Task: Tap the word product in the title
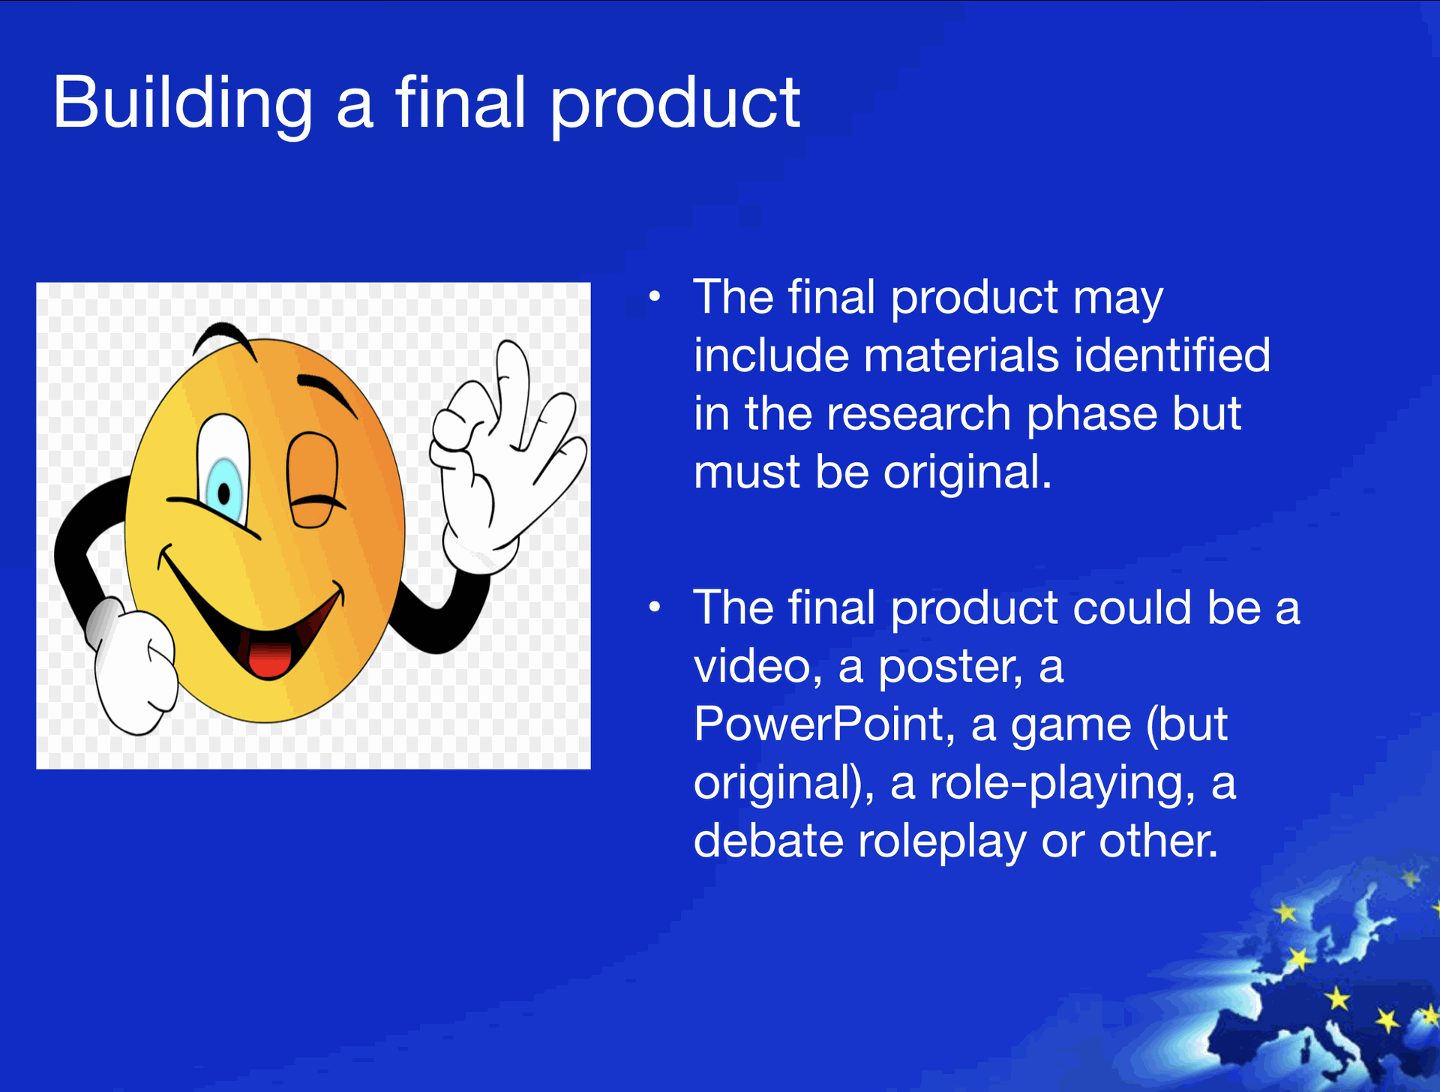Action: click(x=675, y=105)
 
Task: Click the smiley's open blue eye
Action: click(x=223, y=469)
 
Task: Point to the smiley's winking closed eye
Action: click(x=313, y=480)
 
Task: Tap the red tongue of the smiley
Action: click(x=268, y=658)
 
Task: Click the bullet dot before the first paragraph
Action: click(x=655, y=297)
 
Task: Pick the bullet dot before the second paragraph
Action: click(x=655, y=607)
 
